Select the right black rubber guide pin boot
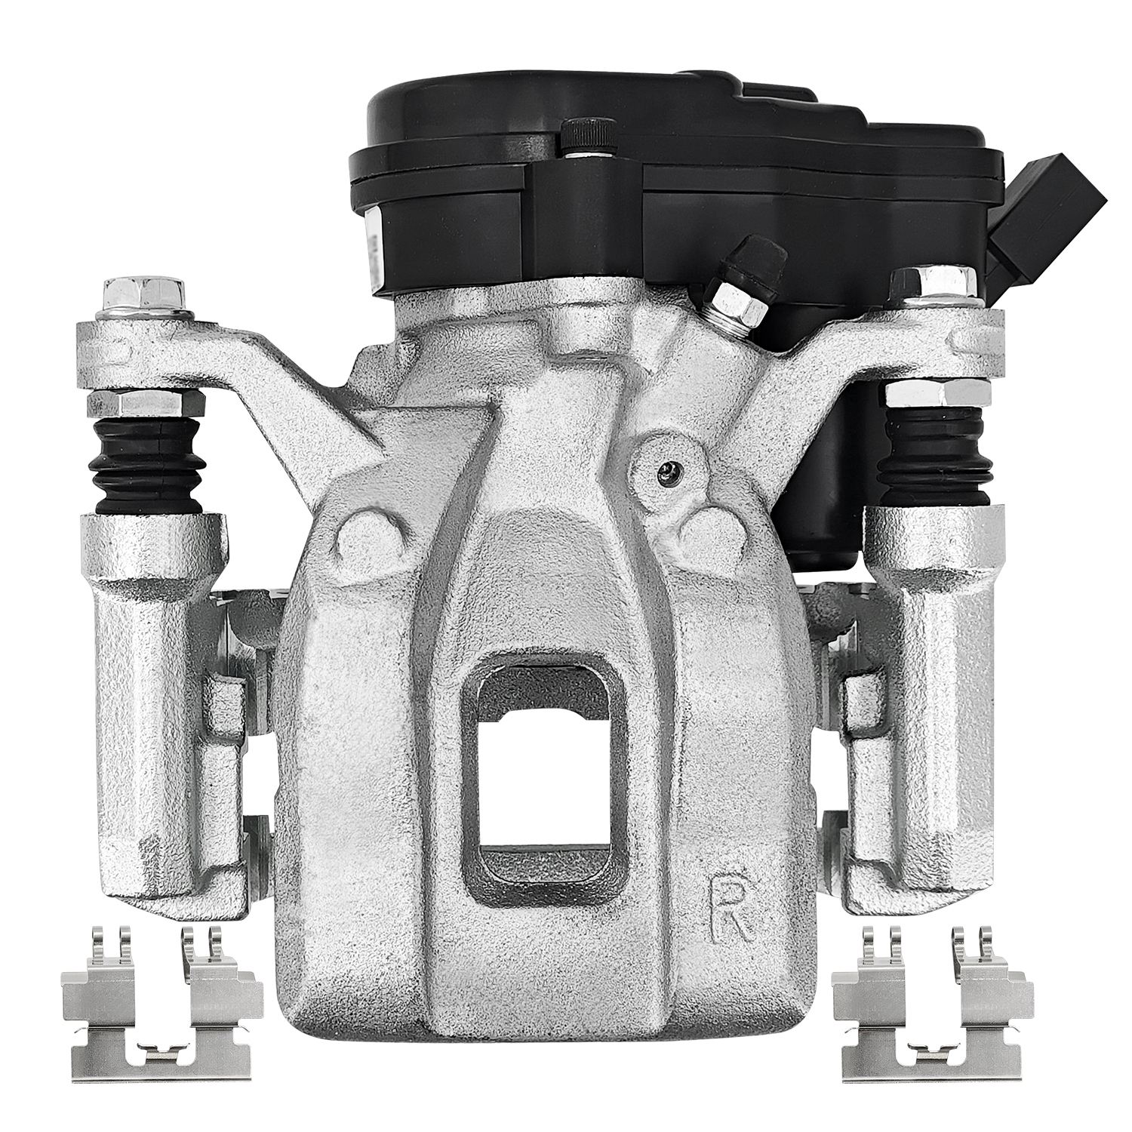click(x=939, y=460)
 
